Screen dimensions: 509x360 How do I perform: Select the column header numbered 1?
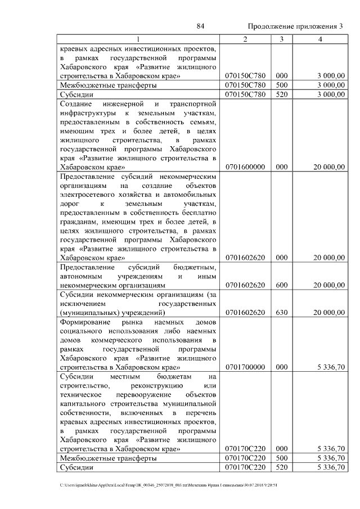click(138, 39)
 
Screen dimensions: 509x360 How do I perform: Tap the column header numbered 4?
click(320, 39)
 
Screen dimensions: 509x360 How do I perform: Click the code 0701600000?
click(245, 167)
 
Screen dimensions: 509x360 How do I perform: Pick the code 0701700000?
click(245, 367)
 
